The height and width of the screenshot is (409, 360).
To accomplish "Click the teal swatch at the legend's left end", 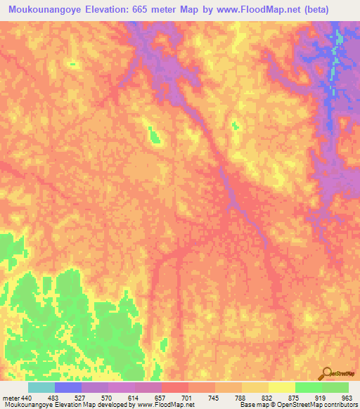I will (x=41, y=387).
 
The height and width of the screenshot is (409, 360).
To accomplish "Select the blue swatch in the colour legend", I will (x=68, y=387).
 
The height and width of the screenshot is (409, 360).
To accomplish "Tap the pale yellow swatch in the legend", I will (x=282, y=387).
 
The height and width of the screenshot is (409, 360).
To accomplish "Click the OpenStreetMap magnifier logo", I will (x=326, y=373).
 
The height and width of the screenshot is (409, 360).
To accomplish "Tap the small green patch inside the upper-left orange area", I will (x=72, y=64).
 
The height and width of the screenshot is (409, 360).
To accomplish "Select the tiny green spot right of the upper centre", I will (x=235, y=126).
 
